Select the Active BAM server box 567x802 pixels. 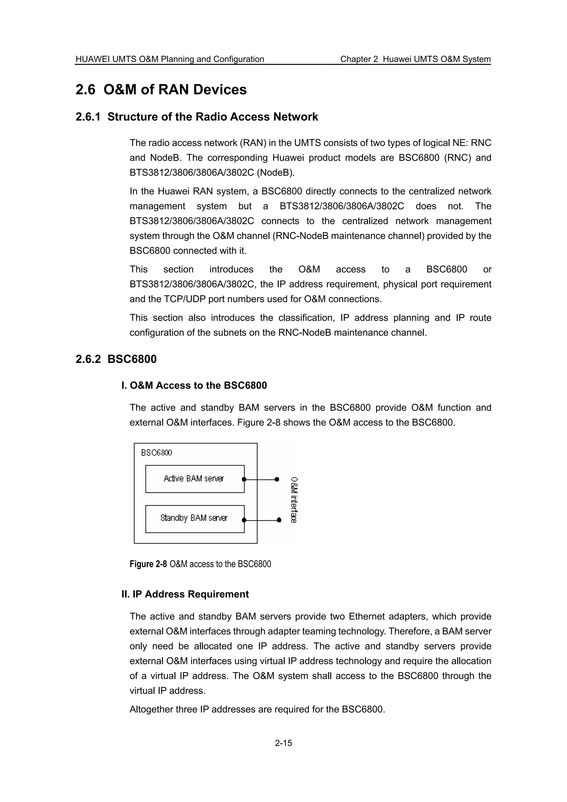pyautogui.click(x=195, y=479)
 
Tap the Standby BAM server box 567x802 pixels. pyautogui.click(x=195, y=519)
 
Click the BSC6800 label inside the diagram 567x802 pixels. pyautogui.click(x=156, y=453)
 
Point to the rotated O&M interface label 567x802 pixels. pyautogui.click(x=294, y=500)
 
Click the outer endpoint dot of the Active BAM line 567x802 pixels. pyautogui.click(x=277, y=479)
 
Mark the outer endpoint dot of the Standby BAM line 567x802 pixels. pyautogui.click(x=279, y=520)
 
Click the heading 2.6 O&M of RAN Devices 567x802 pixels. pyautogui.click(x=161, y=89)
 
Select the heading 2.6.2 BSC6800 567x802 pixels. pyautogui.click(x=116, y=359)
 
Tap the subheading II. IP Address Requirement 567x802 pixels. pyautogui.click(x=185, y=594)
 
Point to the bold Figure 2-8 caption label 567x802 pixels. pyautogui.click(x=148, y=564)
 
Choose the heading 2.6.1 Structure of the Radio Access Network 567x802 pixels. pyautogui.click(x=197, y=117)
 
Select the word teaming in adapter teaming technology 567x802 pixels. pyautogui.click(x=308, y=632)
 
